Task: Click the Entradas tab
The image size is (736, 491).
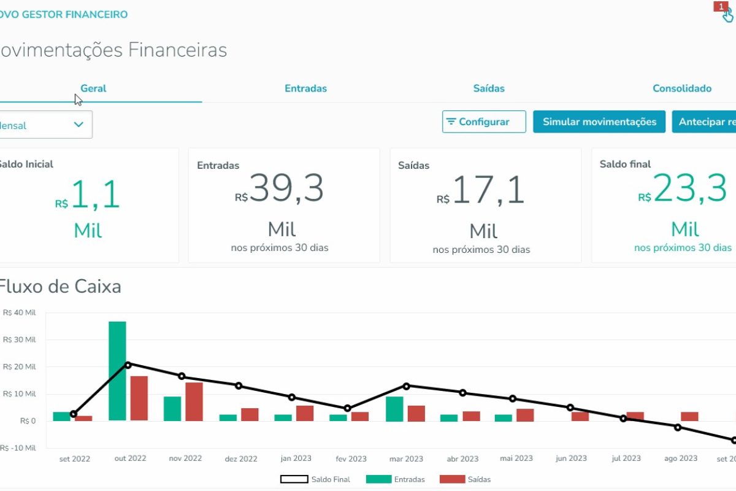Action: tap(305, 88)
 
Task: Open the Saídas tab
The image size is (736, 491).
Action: tap(489, 88)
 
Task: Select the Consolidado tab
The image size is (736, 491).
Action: tap(681, 88)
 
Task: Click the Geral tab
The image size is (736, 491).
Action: tap(93, 88)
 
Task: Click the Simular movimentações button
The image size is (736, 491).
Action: tap(599, 122)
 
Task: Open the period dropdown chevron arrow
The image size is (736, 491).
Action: tap(79, 125)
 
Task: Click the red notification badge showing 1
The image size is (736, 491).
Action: tap(719, 6)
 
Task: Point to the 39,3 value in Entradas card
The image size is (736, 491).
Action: tap(286, 188)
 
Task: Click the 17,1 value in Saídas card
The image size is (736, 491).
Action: tap(488, 190)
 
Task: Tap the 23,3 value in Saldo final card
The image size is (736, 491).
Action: tap(690, 188)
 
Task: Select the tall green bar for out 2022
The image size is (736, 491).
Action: tap(117, 371)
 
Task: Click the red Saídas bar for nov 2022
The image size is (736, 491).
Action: tap(194, 401)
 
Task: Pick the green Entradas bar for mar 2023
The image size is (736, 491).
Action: tap(394, 409)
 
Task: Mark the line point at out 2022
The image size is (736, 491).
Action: tap(128, 365)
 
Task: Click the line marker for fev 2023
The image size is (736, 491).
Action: tap(348, 408)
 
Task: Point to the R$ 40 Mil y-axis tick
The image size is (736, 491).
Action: tap(20, 312)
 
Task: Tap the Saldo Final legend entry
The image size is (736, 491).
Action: tap(315, 479)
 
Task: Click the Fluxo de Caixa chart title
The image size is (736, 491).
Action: tap(60, 287)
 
